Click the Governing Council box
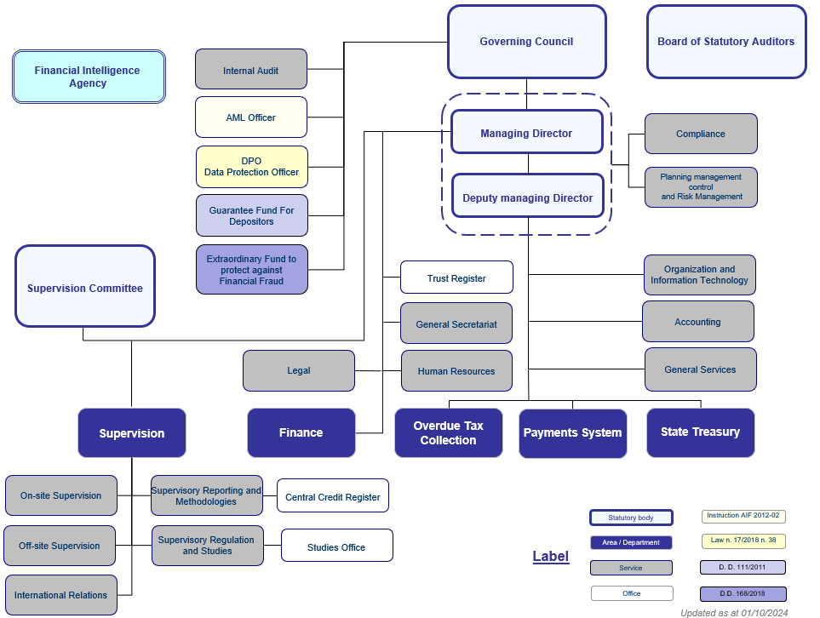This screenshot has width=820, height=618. pos(526,42)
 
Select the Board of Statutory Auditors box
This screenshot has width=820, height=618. pos(725,42)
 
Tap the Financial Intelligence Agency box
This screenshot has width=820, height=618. pos(89,77)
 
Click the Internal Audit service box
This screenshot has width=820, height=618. pos(250,70)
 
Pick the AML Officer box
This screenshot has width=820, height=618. pos(250,117)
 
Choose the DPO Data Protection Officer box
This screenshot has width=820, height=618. pos(251,167)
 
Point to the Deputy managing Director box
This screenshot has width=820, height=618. pos(527,198)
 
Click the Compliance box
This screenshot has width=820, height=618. pos(700,134)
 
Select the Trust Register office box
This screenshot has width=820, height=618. pos(456,278)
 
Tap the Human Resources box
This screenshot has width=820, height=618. pos(456,371)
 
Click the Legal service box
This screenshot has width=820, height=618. pos(298,371)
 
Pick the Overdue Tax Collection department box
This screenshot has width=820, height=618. pos(448,433)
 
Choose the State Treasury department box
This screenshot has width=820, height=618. pos(700,432)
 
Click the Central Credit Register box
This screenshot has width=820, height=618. pos(332,496)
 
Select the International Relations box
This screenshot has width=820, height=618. pos(60,595)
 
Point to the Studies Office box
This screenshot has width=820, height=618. pos(336,546)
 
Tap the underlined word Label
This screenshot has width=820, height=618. pos(550,557)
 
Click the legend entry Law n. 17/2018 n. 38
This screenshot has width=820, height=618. pos(742,541)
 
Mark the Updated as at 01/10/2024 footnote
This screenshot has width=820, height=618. pos(733,612)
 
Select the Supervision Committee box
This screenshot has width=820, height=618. pos(85,288)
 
